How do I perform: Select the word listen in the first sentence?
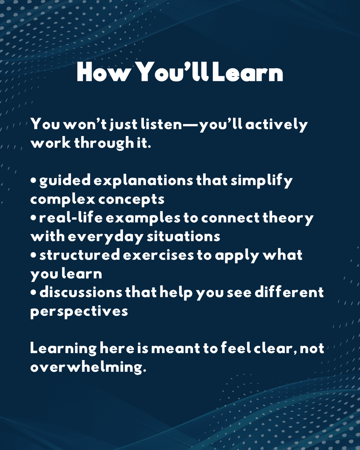pos(161,124)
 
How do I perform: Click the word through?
pos(104,143)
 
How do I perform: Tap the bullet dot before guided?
pos(33,181)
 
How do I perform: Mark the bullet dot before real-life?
pos(33,218)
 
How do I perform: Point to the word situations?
pos(183,237)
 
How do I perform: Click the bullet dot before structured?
pos(33,255)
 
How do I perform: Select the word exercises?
pos(158,255)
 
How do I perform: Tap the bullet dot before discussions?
pos(33,293)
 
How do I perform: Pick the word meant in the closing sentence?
pos(176,349)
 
